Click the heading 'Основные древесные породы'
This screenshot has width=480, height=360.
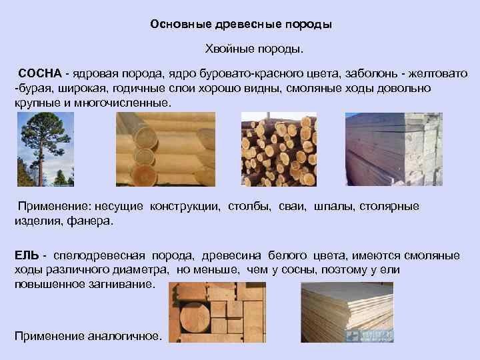point(241,25)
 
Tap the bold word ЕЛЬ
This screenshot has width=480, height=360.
point(26,256)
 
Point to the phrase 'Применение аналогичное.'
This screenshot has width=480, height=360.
point(88,336)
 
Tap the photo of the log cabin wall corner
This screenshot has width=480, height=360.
point(165,149)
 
